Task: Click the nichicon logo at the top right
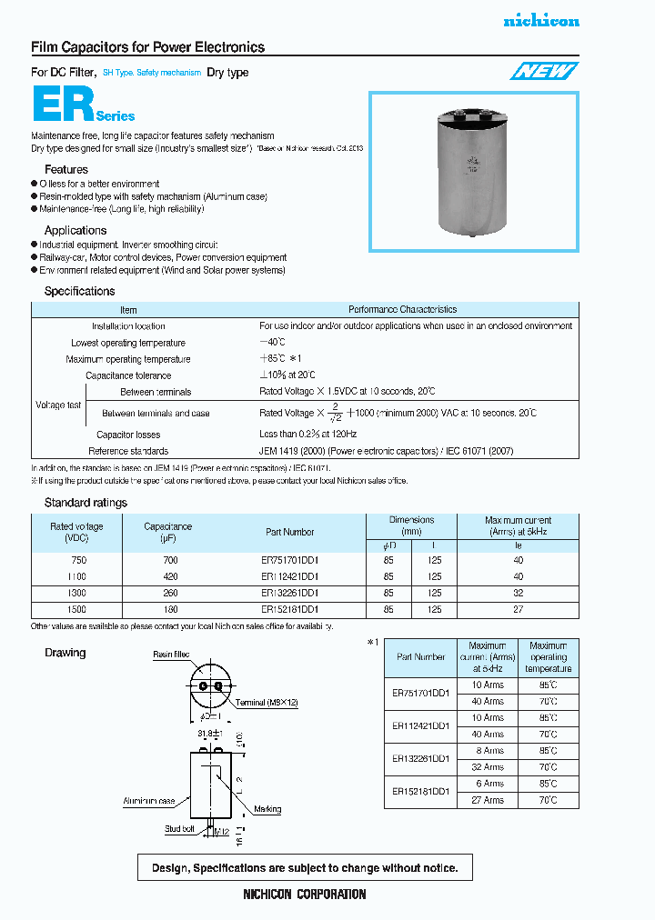click(x=540, y=21)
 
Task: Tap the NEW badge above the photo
click(x=542, y=72)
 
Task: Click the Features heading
click(x=66, y=169)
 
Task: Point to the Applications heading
click(x=76, y=230)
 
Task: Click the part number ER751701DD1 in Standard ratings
click(x=289, y=561)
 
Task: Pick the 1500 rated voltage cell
click(x=76, y=610)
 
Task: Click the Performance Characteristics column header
click(x=402, y=310)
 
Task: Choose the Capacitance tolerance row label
click(x=128, y=375)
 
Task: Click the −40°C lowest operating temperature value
click(x=272, y=343)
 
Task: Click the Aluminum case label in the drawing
click(x=149, y=801)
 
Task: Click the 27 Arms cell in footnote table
click(x=487, y=800)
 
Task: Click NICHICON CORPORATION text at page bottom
click(x=305, y=895)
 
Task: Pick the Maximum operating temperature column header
click(x=548, y=657)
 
